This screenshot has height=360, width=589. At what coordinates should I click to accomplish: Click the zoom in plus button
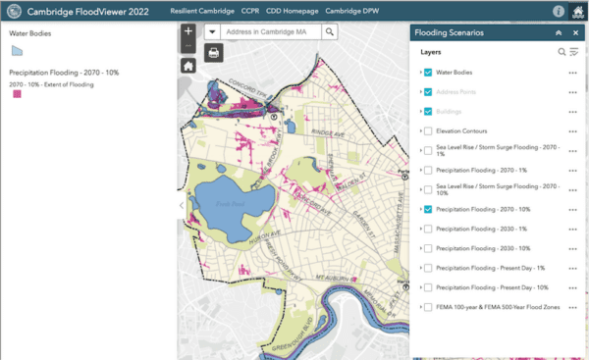coord(187,31)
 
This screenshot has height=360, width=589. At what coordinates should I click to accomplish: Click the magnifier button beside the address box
coord(330,31)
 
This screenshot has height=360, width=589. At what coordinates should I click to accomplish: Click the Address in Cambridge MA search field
coord(272,31)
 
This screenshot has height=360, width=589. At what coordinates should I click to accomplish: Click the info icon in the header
coord(558,11)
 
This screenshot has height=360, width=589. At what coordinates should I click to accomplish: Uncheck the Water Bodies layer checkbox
coord(428,73)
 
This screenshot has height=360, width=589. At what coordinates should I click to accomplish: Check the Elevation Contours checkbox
coord(428,130)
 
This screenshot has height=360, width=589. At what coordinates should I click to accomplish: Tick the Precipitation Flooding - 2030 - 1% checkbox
coord(428,229)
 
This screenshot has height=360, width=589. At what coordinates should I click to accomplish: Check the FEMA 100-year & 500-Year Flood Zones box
coord(428,307)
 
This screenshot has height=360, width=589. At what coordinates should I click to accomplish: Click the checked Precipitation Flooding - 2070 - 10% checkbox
coord(428,209)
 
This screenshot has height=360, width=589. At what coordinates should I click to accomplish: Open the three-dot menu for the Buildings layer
coord(572,112)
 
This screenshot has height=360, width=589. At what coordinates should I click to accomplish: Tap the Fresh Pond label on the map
coord(227,203)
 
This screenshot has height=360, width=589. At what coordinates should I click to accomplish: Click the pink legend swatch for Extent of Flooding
coord(15,97)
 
